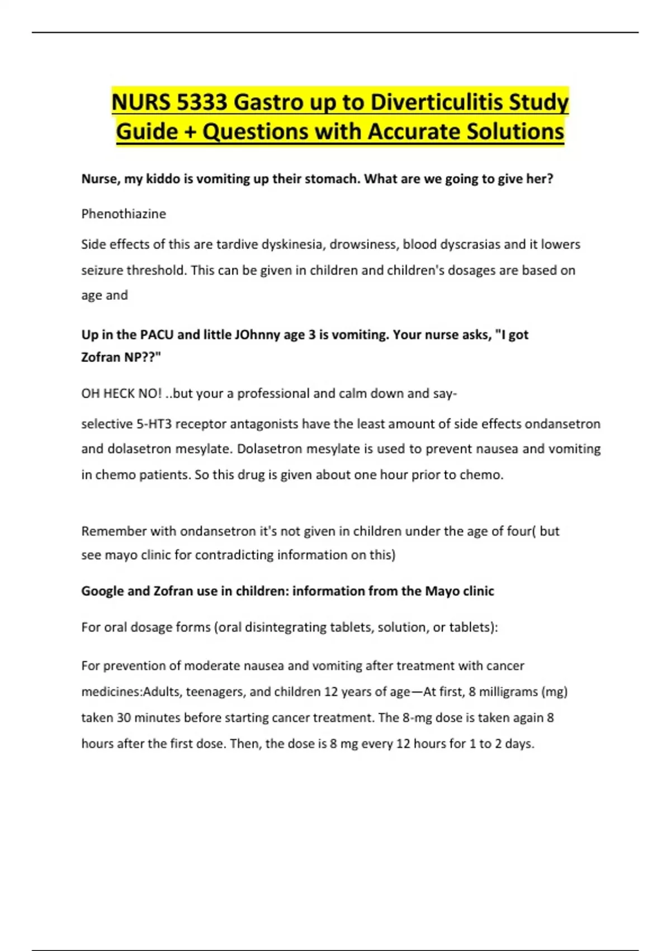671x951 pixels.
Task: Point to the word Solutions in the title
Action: click(515, 132)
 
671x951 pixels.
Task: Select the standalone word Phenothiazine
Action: click(124, 214)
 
